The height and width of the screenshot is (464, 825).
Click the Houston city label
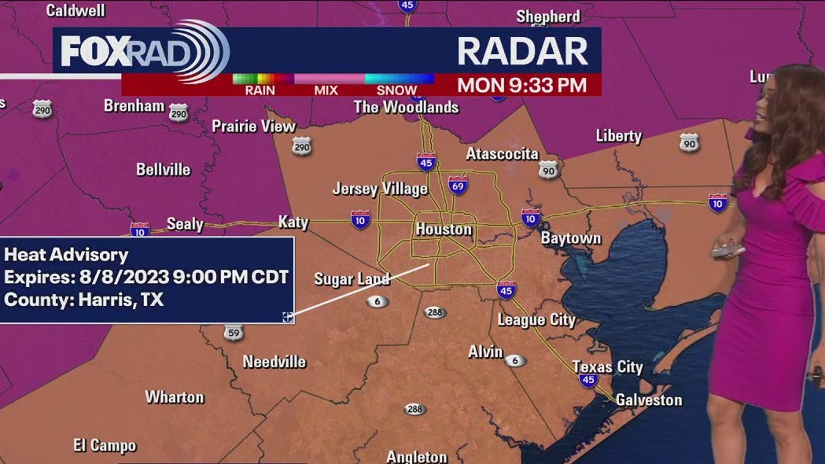pos(444,230)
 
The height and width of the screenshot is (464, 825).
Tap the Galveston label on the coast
pos(648,400)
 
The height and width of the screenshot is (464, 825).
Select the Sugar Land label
pos(352,279)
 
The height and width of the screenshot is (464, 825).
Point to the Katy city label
pos(293,223)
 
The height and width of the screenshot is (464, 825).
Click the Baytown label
pos(571,238)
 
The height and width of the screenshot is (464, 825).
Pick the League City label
pos(536,320)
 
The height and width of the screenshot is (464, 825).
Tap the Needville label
pos(274,363)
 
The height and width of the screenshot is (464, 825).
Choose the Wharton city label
pos(175,397)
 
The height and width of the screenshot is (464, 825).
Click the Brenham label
pos(134,105)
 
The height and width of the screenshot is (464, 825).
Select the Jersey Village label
pos(380,189)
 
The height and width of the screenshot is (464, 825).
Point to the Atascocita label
pos(502,153)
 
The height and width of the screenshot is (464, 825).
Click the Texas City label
pos(607,367)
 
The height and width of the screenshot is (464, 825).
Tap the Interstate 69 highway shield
pos(458,185)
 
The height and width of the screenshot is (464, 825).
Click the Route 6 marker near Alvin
pos(516,361)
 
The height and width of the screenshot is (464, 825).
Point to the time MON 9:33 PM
pos(521,85)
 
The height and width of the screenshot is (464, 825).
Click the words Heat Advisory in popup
pos(66,255)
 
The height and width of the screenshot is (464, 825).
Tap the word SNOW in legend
pos(396,90)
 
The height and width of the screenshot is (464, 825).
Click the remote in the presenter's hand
pos(727,251)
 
